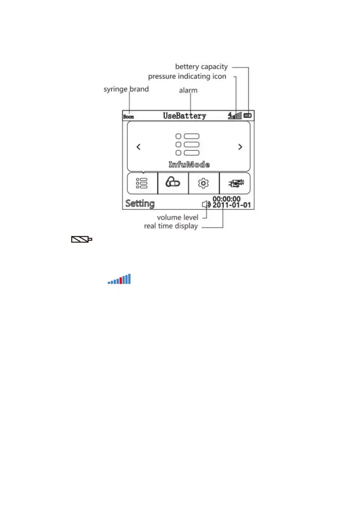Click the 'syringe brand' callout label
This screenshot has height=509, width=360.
pyautogui.click(x=127, y=90)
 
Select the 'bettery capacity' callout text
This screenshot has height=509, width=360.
pyautogui.click(x=201, y=67)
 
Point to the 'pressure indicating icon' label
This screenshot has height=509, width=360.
pyautogui.click(x=187, y=76)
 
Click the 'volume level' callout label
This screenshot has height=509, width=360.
pyautogui.click(x=177, y=217)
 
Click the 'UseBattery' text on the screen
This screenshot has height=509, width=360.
pyautogui.click(x=184, y=116)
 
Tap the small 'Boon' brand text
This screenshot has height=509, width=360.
pyautogui.click(x=128, y=117)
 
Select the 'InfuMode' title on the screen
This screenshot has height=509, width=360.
pyautogui.click(x=189, y=165)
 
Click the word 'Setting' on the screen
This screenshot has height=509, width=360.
pyautogui.click(x=140, y=203)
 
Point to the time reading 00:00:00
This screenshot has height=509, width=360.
pyautogui.click(x=227, y=199)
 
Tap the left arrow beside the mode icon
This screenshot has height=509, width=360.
pyautogui.click(x=138, y=147)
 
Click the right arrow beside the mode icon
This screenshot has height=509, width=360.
pyautogui.click(x=240, y=147)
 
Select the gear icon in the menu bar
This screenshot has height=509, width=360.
pyautogui.click(x=204, y=183)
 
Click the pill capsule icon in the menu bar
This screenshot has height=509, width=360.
pyautogui.click(x=173, y=183)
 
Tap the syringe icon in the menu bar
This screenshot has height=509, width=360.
pyautogui.click(x=235, y=184)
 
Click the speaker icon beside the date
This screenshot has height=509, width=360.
pyautogui.click(x=207, y=205)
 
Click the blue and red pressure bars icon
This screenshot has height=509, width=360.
pyautogui.click(x=119, y=279)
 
